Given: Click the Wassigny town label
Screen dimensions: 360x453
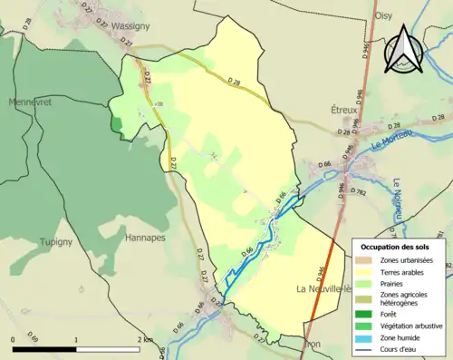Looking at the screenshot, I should [130, 27].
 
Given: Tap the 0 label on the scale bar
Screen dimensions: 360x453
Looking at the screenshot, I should [14, 339].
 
